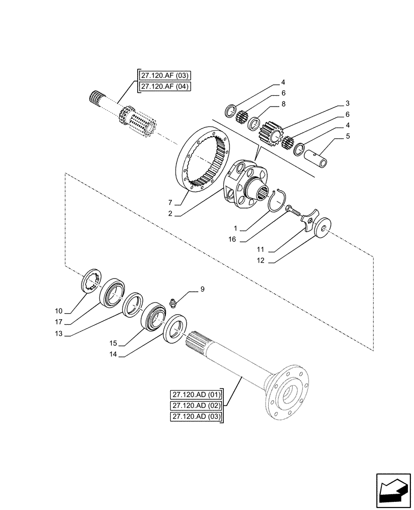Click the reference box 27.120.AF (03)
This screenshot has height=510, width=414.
[164, 76]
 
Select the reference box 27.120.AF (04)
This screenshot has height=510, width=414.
[164, 87]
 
